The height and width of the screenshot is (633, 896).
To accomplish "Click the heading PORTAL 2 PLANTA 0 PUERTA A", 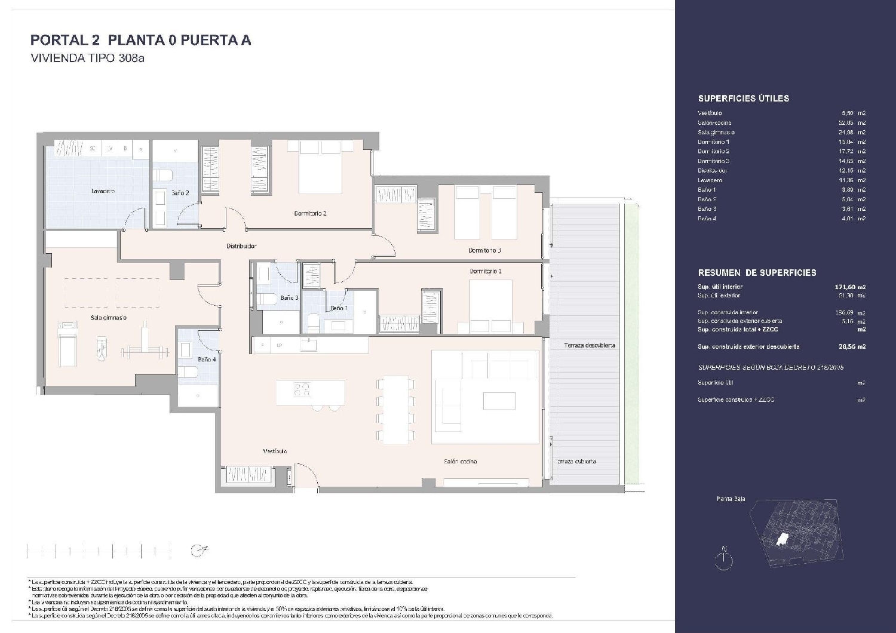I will (140, 40).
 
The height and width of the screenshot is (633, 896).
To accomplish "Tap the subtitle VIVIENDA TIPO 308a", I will (88, 59).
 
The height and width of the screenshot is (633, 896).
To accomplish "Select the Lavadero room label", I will (103, 191).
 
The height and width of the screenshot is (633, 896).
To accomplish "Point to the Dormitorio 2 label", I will (310, 213).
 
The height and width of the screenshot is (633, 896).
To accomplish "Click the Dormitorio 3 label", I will (484, 250).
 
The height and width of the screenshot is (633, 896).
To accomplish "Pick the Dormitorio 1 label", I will (486, 271).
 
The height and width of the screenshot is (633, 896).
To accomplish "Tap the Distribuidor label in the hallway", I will (241, 245).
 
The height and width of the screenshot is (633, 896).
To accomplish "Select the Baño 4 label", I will (207, 359).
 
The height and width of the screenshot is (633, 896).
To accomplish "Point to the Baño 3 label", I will (289, 297).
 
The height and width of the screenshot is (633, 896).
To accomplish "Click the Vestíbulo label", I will (275, 451).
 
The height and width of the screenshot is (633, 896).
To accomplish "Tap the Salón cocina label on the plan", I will (460, 461).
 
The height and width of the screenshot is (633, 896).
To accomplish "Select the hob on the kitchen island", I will (302, 389).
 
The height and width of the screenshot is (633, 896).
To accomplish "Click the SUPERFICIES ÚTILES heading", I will (743, 99).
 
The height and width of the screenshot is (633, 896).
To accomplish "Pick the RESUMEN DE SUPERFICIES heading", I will (757, 272).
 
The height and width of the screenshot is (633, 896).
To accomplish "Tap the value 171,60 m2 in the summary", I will (849, 287).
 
